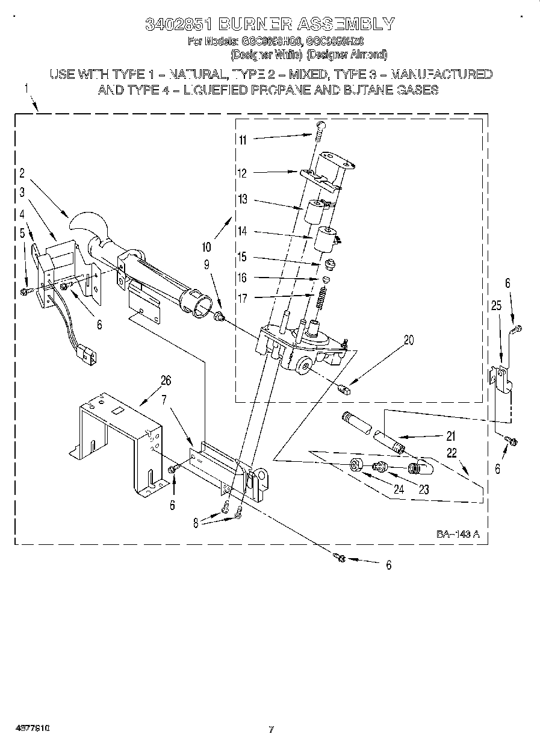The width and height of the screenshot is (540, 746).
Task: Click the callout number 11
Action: [243, 140]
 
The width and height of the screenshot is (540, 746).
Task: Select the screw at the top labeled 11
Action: [320, 128]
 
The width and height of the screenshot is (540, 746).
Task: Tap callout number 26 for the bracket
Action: [166, 380]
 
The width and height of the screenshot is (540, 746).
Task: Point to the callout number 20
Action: [409, 340]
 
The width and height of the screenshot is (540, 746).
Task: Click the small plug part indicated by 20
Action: [345, 388]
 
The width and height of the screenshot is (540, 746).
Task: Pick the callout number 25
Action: [496, 306]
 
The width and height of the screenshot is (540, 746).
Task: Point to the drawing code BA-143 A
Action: [458, 534]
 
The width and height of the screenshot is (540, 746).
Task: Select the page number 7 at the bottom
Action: [271, 730]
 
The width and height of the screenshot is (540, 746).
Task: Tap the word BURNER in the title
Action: [247, 24]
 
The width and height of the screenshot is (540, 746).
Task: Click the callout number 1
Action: [26, 89]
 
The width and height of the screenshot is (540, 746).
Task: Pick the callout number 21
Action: [450, 437]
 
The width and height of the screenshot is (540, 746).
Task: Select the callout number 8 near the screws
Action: [195, 523]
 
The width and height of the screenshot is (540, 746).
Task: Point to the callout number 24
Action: [398, 490]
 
